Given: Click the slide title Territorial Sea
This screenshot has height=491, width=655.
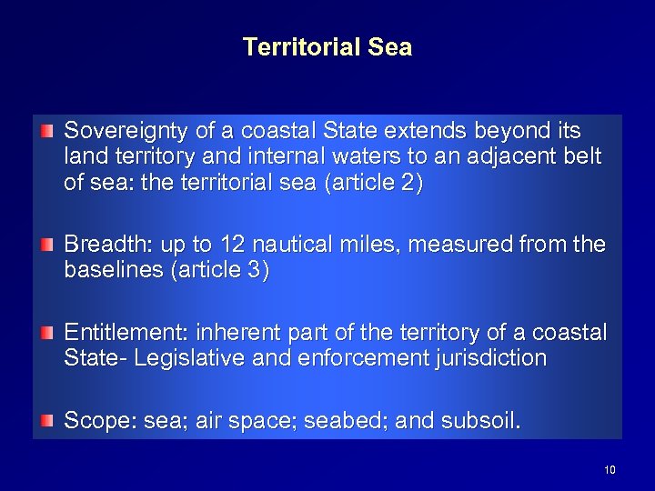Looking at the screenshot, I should pyautogui.click(x=327, y=46).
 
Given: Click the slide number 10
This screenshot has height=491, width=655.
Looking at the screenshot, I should pyautogui.click(x=610, y=469).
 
